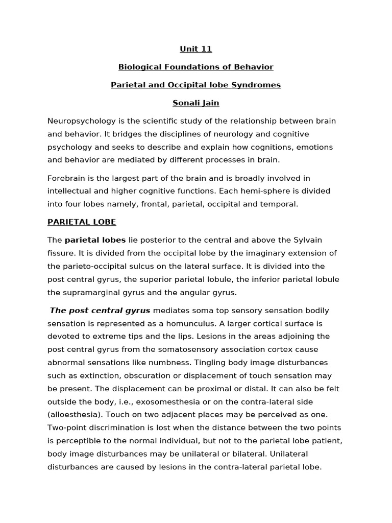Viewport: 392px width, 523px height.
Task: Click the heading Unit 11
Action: coord(195,49)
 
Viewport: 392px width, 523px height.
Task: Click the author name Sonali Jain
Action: coord(195,103)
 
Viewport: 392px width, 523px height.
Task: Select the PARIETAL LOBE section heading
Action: coord(82,222)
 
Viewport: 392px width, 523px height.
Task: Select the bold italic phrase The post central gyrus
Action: coord(100,310)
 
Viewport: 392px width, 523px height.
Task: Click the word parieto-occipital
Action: coord(95,266)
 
